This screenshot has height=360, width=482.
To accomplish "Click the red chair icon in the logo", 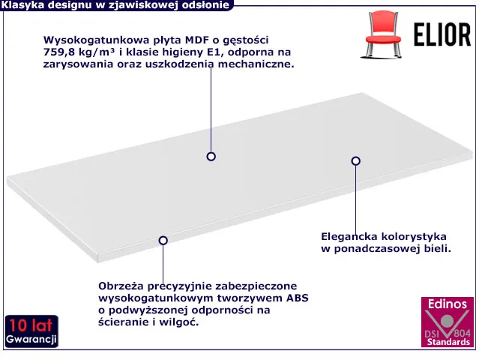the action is (x=382, y=34).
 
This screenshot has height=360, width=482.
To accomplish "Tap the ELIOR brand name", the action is (x=442, y=34).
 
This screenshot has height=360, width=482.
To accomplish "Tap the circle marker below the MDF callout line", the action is (x=211, y=157).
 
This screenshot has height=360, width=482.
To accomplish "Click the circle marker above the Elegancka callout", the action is (x=355, y=160).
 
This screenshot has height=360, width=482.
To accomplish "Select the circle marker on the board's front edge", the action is (x=163, y=241).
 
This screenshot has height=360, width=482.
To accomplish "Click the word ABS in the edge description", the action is (x=298, y=298).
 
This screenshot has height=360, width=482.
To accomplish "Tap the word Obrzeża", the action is (x=121, y=286).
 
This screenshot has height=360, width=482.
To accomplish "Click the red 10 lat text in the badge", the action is (x=31, y=325).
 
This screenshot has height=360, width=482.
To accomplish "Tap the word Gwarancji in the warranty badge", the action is (x=31, y=340).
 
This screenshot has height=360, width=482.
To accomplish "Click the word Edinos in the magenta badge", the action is (x=448, y=304).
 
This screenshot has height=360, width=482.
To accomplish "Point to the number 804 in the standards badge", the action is (x=462, y=333).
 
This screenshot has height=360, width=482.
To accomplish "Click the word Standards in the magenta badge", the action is (x=448, y=342).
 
